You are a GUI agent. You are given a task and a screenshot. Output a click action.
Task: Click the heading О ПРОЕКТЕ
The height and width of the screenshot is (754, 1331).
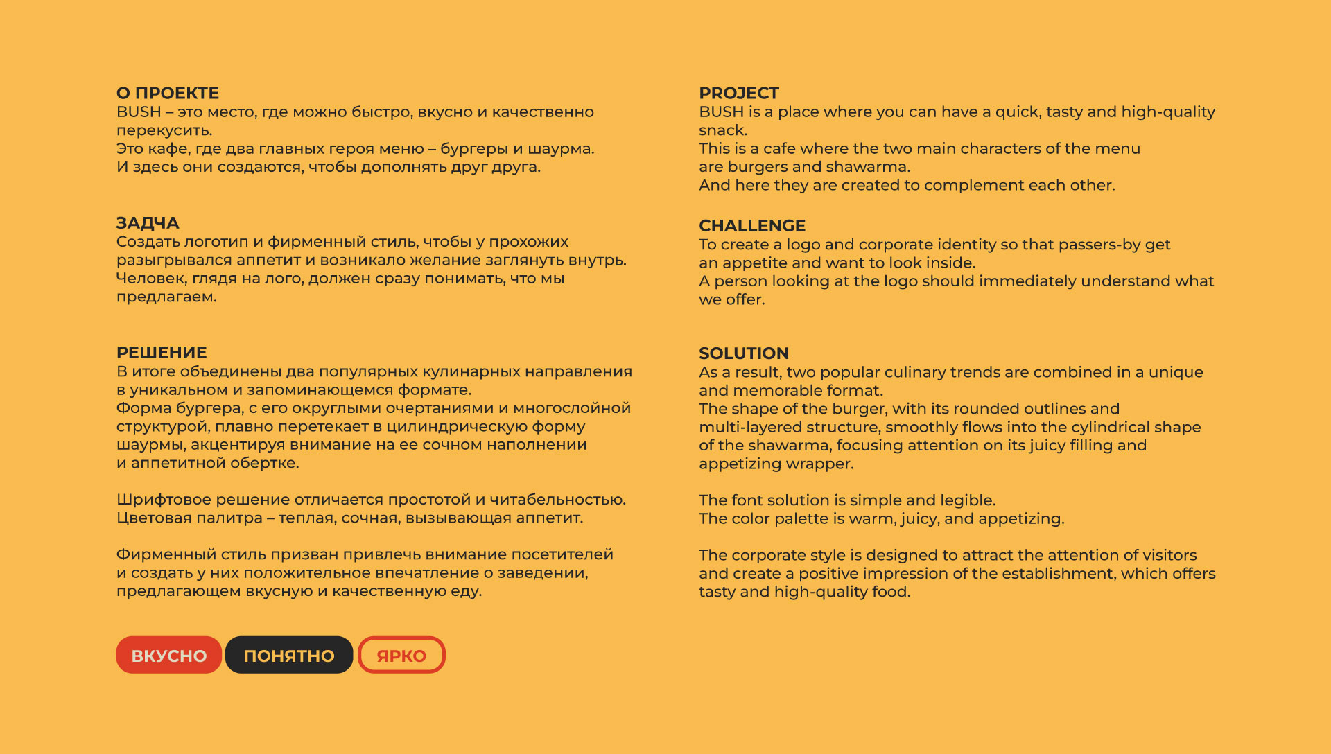pyautogui.click(x=168, y=94)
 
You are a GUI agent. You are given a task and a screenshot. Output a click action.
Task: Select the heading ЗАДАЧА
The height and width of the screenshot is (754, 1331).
pyautogui.click(x=148, y=223)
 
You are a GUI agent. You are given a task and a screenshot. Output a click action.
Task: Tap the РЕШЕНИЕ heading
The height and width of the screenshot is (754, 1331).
pyautogui.click(x=162, y=353)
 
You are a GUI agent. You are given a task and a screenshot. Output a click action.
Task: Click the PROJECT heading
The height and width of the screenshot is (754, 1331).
pyautogui.click(x=739, y=94)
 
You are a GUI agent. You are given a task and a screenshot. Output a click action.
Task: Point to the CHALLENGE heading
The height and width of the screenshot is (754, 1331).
pyautogui.click(x=752, y=226)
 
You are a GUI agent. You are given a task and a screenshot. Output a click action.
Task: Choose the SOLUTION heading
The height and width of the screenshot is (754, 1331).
pyautogui.click(x=744, y=353)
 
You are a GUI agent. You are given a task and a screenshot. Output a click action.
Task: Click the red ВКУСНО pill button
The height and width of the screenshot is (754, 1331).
pyautogui.click(x=169, y=656)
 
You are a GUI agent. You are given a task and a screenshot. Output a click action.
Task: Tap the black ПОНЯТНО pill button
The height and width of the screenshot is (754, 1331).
pyautogui.click(x=289, y=656)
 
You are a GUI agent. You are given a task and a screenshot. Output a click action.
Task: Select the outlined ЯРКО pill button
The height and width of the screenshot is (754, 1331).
pyautogui.click(x=401, y=656)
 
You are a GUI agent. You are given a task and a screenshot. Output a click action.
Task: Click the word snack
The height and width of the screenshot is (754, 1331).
pyautogui.click(x=722, y=130)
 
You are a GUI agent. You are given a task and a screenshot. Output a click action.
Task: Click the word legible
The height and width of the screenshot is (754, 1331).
pyautogui.click(x=964, y=500)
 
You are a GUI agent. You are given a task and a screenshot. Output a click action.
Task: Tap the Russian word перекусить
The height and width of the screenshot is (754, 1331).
pyautogui.click(x=164, y=130)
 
